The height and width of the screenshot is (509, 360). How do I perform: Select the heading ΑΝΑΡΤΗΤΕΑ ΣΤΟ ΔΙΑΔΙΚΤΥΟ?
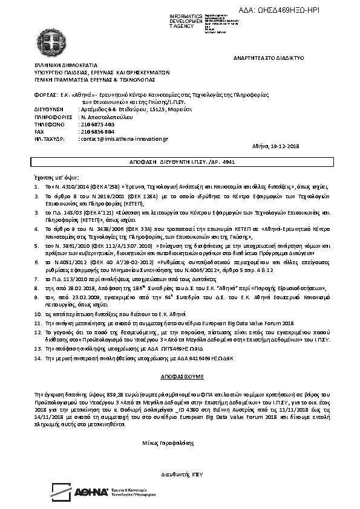click(x=268, y=57)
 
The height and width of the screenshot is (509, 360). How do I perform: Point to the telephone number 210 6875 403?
click(x=97, y=124)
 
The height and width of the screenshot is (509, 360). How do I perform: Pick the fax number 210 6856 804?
click(x=97, y=131)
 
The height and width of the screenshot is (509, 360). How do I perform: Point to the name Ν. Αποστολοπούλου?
click(x=103, y=117)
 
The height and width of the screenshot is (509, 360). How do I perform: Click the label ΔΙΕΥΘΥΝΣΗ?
click(x=48, y=109)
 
